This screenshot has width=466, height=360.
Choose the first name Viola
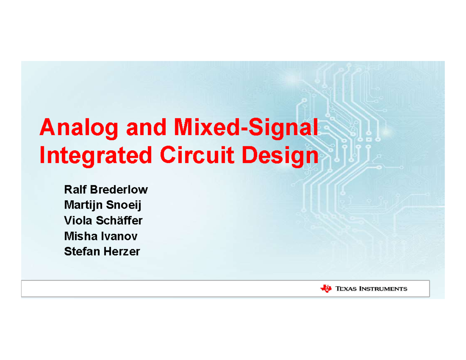click(76, 221)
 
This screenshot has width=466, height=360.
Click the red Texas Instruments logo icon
click(326, 288)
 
